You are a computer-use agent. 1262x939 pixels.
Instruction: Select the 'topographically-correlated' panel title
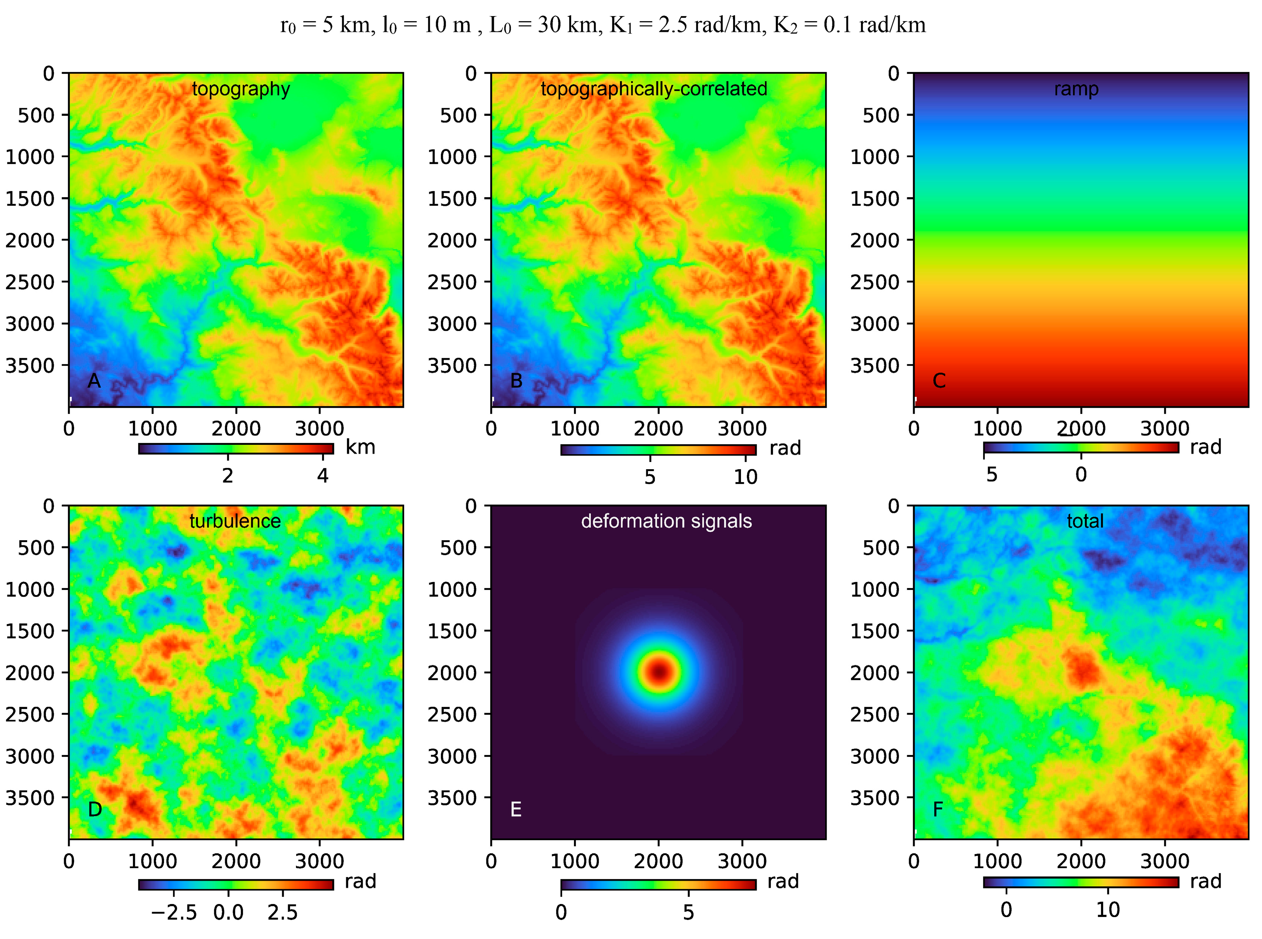tap(654, 89)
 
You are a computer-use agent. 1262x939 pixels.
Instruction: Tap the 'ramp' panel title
tap(1076, 89)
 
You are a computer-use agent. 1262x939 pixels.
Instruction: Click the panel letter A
tap(94, 380)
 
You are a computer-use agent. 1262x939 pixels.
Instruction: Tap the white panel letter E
tap(515, 809)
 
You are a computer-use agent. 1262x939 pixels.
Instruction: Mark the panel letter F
tap(938, 809)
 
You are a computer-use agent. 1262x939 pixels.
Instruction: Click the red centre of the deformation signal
tap(659, 672)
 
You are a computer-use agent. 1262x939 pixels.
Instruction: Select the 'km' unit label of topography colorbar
tap(360, 448)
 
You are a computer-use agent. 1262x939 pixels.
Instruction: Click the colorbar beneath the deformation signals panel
tap(658, 885)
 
